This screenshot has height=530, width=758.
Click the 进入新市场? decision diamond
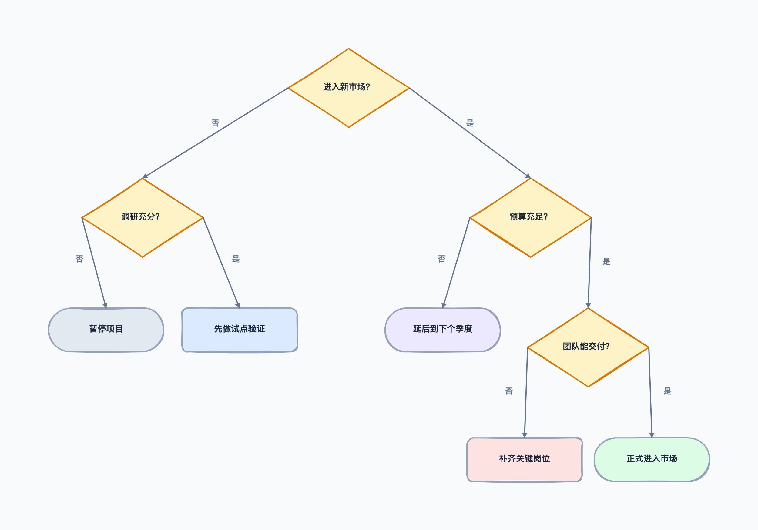(349, 88)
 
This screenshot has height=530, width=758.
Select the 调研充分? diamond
(142, 218)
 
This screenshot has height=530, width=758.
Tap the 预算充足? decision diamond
(531, 218)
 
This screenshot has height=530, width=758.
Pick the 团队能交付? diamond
(588, 347)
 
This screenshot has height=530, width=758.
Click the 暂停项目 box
(106, 330)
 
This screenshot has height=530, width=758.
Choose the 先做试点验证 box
(240, 330)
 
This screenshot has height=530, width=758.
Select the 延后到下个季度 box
(443, 330)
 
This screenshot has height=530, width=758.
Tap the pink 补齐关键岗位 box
(525, 460)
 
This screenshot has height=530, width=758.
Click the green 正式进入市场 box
(652, 460)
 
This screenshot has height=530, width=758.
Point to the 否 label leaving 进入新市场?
(215, 123)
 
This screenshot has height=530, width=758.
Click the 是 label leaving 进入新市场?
(470, 123)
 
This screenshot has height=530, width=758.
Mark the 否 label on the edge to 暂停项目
(79, 259)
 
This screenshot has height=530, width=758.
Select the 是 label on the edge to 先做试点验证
(236, 259)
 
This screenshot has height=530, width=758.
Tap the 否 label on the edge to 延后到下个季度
(442, 259)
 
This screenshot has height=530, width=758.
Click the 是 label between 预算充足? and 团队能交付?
(607, 262)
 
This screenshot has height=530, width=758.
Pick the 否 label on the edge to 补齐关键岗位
(509, 391)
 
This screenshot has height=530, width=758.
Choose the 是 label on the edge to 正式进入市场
(667, 391)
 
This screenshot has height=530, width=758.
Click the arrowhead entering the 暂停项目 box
(105, 305)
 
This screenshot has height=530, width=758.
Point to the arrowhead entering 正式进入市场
(652, 435)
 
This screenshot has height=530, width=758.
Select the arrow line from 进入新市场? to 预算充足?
(470, 133)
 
